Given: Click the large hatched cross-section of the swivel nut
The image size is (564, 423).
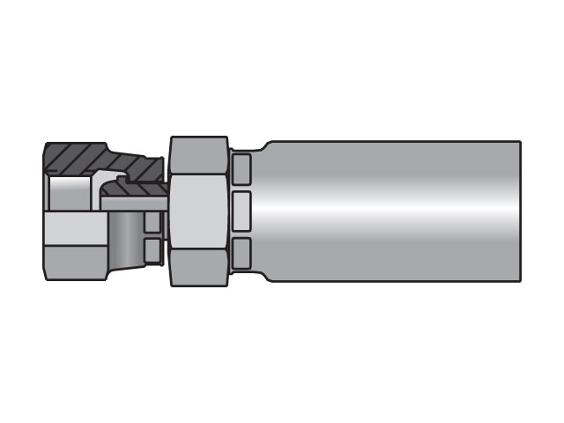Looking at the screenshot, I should click(x=88, y=159).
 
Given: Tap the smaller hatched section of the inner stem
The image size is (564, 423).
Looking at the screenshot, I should click(x=132, y=187).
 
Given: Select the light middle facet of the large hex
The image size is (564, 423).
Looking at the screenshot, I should click(x=199, y=211).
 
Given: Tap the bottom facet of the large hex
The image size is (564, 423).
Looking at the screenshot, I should click(x=199, y=267).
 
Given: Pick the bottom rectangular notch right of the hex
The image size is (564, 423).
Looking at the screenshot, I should click(x=241, y=253).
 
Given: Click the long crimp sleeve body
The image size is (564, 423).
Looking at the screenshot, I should click(x=388, y=211).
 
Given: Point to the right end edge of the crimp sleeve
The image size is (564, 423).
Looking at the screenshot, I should click(x=519, y=211).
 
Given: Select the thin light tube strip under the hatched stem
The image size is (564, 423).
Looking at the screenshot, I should click(x=132, y=203).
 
